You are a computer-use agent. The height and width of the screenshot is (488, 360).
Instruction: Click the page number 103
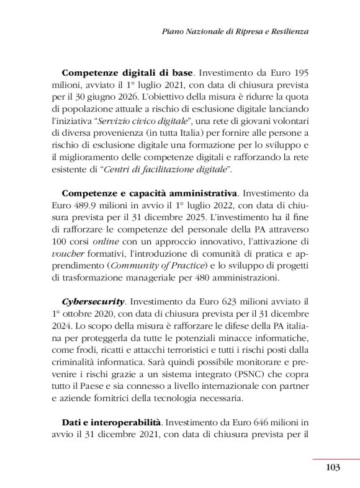(x=332, y=467)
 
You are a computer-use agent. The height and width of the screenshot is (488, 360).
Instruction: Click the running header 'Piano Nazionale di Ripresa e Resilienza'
(x=235, y=31)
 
